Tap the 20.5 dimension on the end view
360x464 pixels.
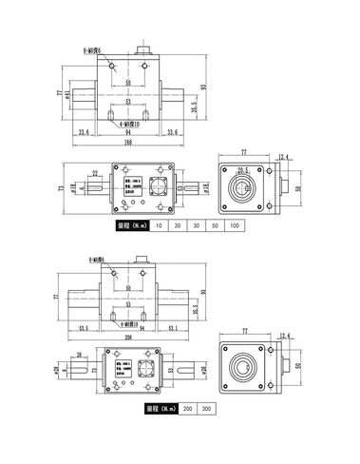(x=242, y=170)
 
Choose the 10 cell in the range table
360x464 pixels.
(x=159, y=225)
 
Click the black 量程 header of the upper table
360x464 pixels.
(x=129, y=225)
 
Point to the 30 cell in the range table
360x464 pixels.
(x=195, y=225)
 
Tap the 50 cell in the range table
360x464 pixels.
(x=214, y=225)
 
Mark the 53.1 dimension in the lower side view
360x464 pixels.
(x=172, y=327)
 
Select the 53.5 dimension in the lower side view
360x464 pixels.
(x=84, y=327)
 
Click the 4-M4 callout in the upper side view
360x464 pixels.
(x=124, y=123)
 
